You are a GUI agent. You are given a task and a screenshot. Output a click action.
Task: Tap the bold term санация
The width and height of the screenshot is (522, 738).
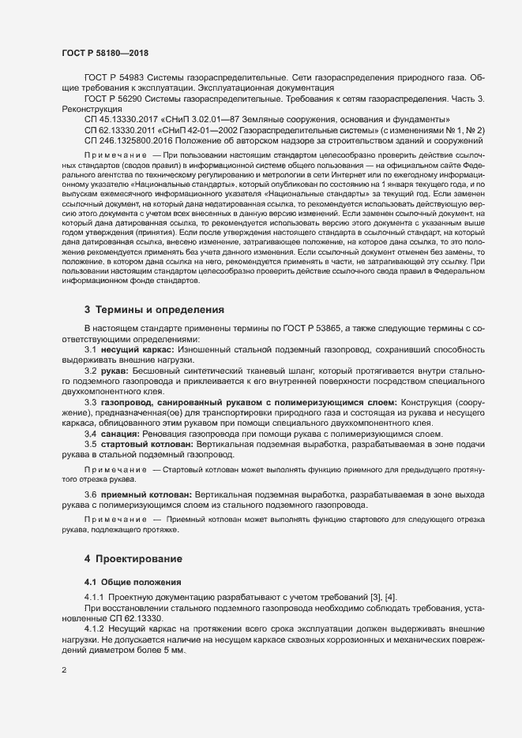121,434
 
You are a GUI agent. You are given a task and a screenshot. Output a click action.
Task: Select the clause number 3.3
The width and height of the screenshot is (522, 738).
90,402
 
